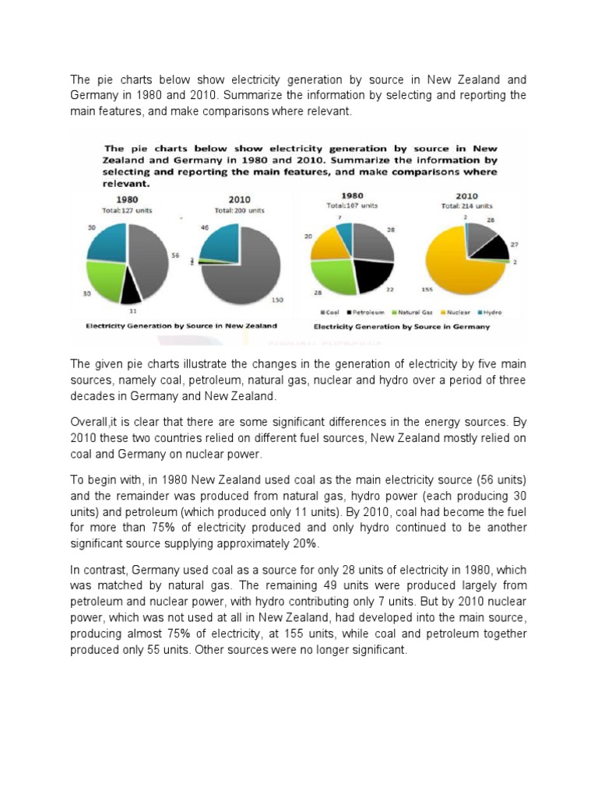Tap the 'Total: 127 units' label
(126, 210)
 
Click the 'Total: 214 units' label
(467, 206)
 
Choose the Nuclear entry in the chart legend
(453, 312)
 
